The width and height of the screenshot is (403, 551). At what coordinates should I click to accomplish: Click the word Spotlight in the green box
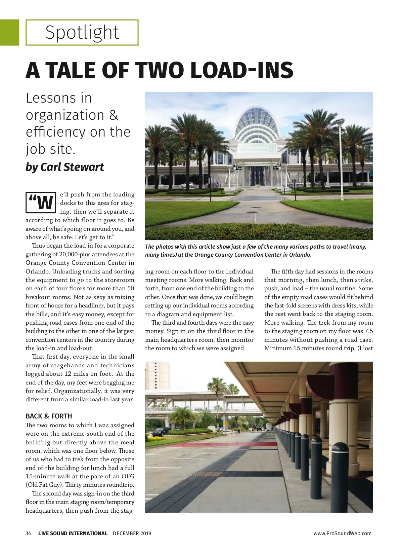pyautogui.click(x=82, y=33)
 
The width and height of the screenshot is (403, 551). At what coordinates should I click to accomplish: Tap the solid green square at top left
pyautogui.click(x=9, y=32)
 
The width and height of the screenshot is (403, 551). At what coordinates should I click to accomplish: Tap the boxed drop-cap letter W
pyautogui.click(x=41, y=203)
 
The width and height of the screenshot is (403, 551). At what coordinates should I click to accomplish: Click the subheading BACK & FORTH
pyautogui.click(x=49, y=416)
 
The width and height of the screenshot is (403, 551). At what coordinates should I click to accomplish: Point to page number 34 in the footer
pyautogui.click(x=28, y=533)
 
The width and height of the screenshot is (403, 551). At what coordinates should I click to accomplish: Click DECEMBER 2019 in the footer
pyautogui.click(x=132, y=533)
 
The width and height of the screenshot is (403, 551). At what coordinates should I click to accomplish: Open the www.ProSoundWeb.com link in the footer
pyautogui.click(x=342, y=533)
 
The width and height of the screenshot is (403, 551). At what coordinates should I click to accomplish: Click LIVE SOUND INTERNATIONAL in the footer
pyautogui.click(x=73, y=533)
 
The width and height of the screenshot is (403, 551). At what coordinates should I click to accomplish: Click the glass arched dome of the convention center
pyautogui.click(x=258, y=124)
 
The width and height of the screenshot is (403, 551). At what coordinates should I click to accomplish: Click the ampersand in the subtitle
pyautogui.click(x=114, y=115)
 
